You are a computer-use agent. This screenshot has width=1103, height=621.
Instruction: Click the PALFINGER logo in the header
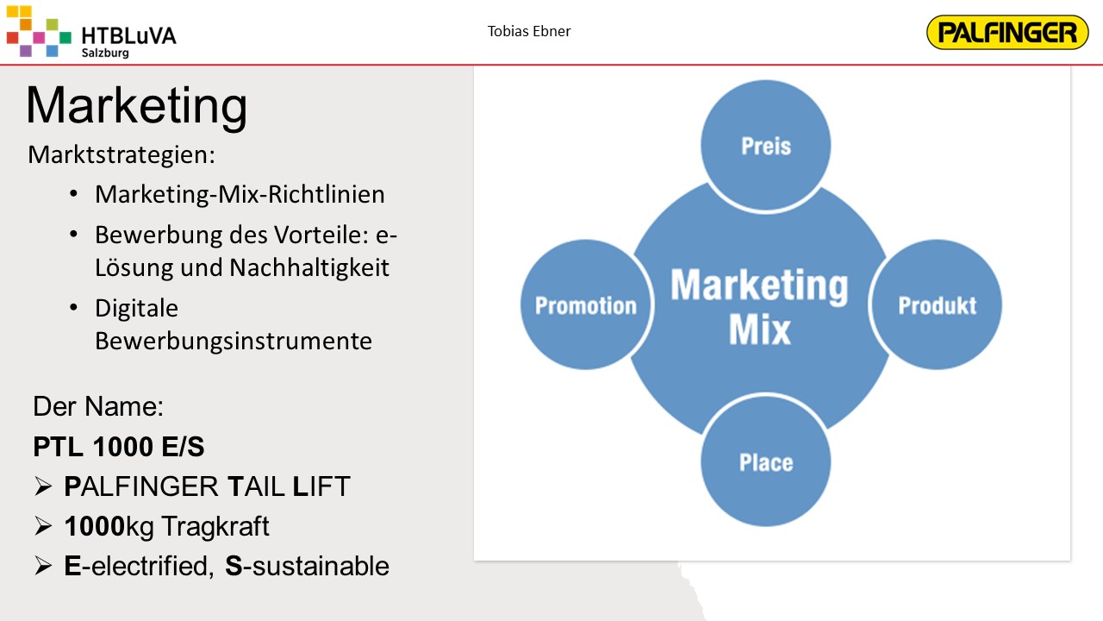tap(1007, 33)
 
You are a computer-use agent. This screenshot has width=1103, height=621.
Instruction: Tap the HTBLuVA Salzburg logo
tap(91, 32)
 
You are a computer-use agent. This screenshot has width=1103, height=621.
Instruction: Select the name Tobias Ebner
tap(529, 31)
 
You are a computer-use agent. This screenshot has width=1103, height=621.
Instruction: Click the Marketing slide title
tap(136, 105)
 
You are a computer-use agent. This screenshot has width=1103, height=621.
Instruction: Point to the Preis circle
tap(766, 146)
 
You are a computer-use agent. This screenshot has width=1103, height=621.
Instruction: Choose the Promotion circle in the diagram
tap(586, 305)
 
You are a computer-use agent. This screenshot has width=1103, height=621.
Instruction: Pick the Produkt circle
tap(937, 305)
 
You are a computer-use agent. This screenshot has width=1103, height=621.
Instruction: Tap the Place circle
tap(766, 461)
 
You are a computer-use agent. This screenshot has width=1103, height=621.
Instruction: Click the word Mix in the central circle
tap(760, 329)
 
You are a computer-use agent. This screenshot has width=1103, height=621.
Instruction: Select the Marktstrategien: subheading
tap(122, 154)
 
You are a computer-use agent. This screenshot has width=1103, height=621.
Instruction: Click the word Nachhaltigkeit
tap(309, 267)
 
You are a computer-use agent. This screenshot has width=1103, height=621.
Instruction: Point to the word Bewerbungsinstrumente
tap(234, 341)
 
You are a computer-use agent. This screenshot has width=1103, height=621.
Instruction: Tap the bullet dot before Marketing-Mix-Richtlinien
tap(73, 194)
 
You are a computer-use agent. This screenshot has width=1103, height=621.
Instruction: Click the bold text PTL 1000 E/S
tap(119, 447)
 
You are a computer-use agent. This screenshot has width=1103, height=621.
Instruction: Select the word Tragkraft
tap(215, 526)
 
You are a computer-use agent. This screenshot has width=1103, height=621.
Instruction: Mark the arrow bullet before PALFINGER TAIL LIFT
tap(43, 486)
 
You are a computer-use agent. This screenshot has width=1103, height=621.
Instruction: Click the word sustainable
tap(321, 566)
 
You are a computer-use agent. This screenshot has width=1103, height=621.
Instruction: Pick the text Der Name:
tap(98, 406)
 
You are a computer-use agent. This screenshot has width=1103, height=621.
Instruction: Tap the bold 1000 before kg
tap(95, 526)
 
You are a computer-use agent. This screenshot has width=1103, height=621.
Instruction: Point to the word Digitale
tap(136, 309)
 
